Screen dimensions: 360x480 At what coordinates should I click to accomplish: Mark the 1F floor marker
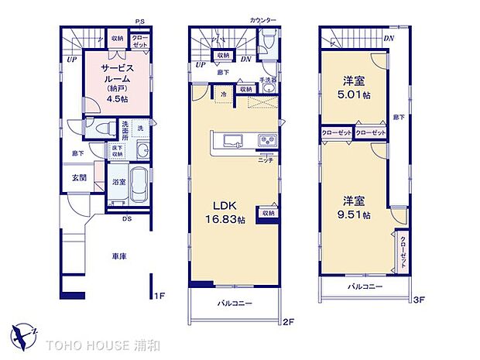(158, 296)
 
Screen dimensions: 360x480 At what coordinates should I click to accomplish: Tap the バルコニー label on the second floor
(235, 303)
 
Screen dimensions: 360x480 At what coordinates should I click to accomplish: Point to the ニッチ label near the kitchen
(266, 159)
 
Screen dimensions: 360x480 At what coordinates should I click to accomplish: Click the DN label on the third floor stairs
(389, 38)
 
